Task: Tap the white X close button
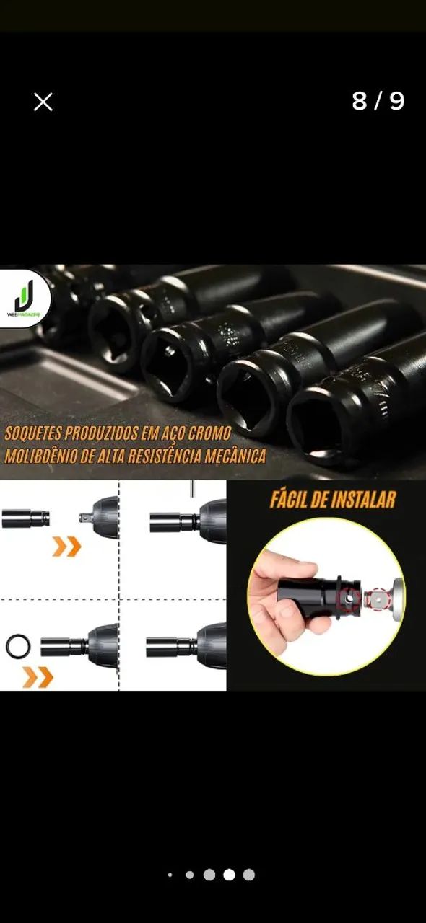(x=43, y=102)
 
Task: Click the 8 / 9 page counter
(x=378, y=102)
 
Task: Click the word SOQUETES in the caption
(x=35, y=434)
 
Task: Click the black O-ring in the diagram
(x=18, y=646)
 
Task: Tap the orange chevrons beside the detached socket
(x=66, y=546)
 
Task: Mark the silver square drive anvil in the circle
(x=377, y=598)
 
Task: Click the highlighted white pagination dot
(x=229, y=875)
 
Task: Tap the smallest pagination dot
(x=170, y=875)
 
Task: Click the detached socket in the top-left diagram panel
(x=26, y=518)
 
